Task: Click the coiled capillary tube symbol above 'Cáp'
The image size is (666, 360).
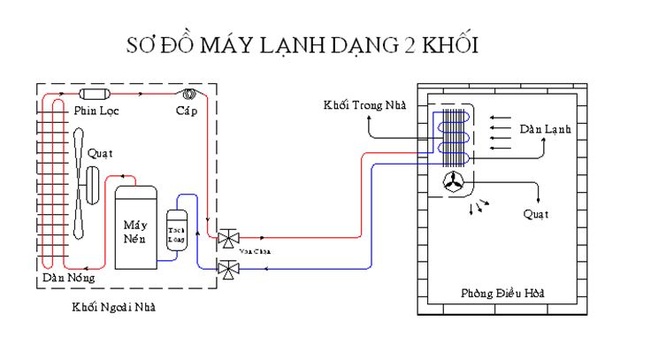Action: point(188,94)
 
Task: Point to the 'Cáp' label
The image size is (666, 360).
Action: point(186,111)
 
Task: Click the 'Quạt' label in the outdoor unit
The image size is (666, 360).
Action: point(101,152)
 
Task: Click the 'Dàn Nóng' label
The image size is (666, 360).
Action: point(69,280)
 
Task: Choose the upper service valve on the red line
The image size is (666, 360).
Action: point(228,238)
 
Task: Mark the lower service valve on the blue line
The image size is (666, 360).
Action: point(228,268)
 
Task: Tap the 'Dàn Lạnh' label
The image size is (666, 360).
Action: point(545,129)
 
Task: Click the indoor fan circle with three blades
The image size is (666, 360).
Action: point(454,182)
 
